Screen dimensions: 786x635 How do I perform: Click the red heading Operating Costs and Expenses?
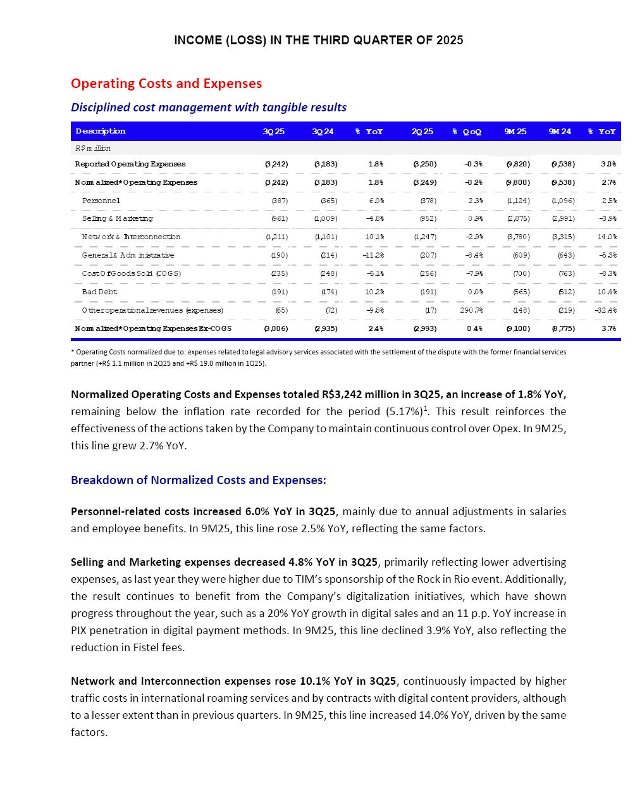click(166, 84)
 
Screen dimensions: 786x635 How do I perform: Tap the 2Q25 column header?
click(422, 132)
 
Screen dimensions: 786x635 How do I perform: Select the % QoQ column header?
click(467, 132)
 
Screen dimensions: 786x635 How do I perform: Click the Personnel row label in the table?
click(101, 201)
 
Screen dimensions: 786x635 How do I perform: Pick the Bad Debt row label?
click(99, 292)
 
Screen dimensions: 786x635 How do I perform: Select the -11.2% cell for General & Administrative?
click(371, 255)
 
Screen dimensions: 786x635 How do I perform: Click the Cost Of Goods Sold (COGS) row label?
click(132, 273)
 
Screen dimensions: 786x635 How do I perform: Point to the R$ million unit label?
click(93, 148)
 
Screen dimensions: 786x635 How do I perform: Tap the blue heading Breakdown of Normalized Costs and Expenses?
click(199, 480)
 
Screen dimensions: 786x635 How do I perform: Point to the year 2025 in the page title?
click(449, 41)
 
